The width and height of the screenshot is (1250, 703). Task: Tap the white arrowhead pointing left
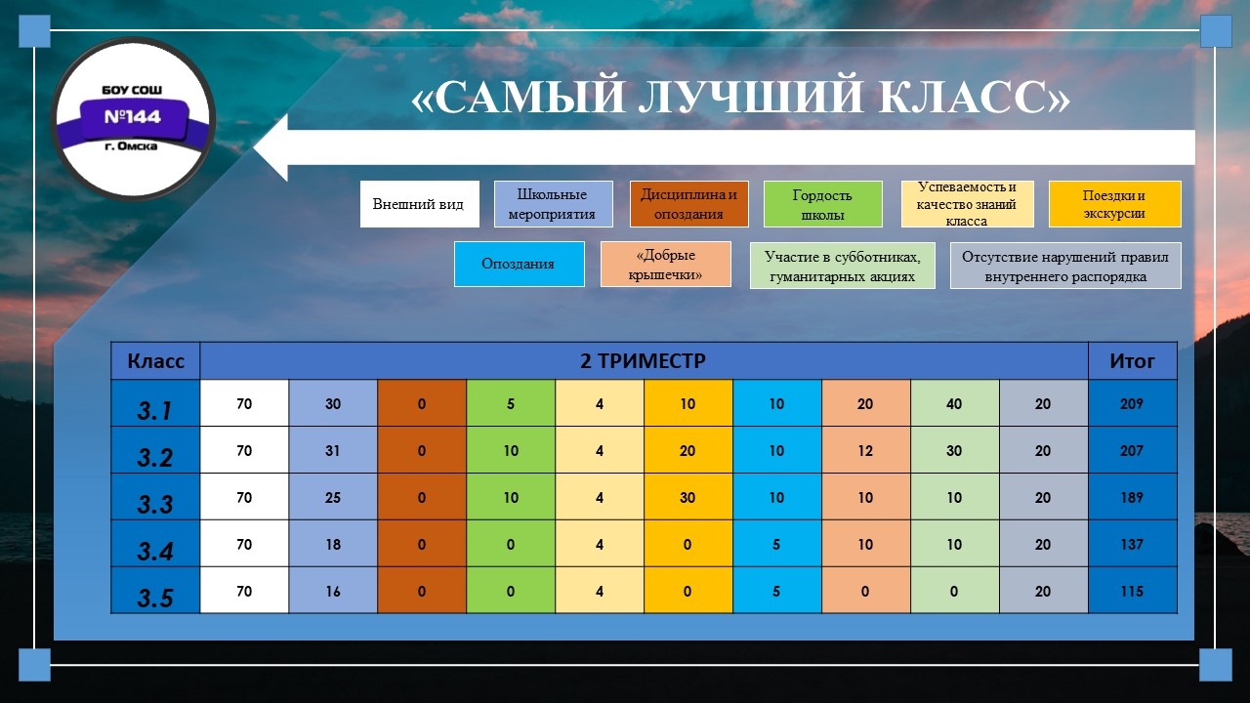click(x=271, y=147)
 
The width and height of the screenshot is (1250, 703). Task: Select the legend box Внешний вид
click(x=419, y=204)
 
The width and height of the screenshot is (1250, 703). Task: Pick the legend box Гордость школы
click(x=822, y=204)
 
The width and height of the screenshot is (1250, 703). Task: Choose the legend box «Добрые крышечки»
click(x=666, y=264)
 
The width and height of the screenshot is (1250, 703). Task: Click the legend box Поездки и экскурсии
click(x=1114, y=204)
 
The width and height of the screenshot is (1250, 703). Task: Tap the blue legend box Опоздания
click(x=519, y=264)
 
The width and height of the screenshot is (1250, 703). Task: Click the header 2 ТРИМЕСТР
click(x=643, y=361)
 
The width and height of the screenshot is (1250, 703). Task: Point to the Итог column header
click(x=1132, y=361)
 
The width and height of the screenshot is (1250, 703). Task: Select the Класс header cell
click(x=155, y=361)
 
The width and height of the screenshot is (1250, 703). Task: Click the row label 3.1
click(x=154, y=411)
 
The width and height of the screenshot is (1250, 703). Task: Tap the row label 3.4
click(x=154, y=552)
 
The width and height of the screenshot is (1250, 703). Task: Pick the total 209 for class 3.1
click(x=1132, y=404)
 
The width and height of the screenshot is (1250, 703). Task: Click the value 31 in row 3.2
click(x=333, y=451)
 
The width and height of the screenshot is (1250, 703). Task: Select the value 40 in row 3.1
click(x=954, y=404)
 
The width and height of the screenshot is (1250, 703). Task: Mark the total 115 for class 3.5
click(x=1132, y=592)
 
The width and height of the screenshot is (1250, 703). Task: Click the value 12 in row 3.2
click(x=865, y=451)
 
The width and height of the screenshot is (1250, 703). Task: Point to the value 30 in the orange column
click(x=687, y=498)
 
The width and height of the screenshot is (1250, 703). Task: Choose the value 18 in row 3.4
click(x=333, y=545)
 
